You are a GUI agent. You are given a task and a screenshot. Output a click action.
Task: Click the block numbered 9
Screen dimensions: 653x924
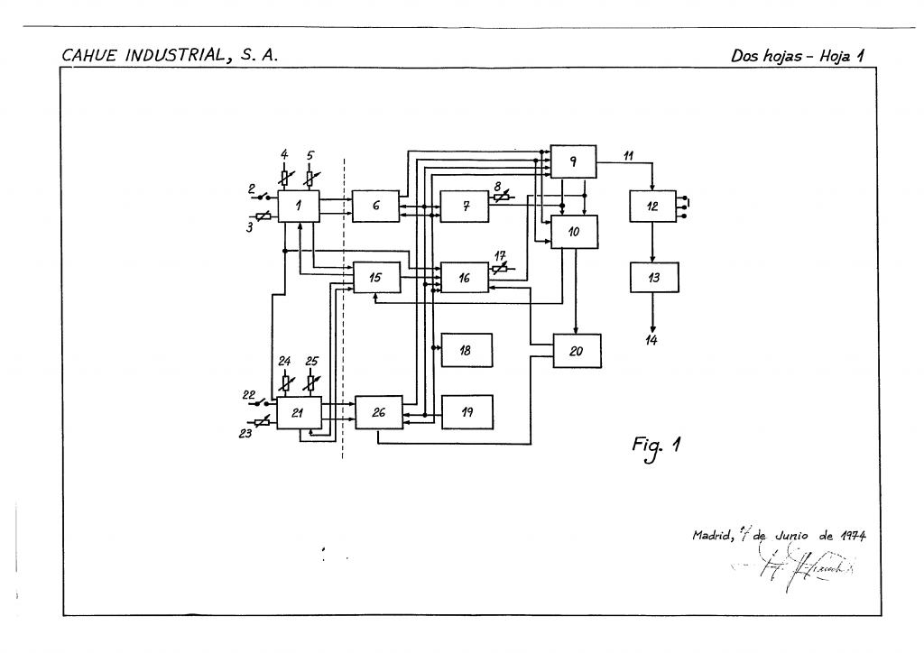click(x=573, y=161)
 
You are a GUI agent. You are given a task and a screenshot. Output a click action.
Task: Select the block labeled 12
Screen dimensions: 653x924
click(x=652, y=207)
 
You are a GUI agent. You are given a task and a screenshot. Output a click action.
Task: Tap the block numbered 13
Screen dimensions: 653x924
click(x=654, y=278)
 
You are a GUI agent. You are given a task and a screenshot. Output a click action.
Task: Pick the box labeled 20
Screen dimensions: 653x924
click(x=577, y=351)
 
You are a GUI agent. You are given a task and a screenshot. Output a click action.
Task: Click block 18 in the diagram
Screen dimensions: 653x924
click(x=467, y=350)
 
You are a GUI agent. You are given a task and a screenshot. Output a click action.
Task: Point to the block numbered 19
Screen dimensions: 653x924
click(x=467, y=411)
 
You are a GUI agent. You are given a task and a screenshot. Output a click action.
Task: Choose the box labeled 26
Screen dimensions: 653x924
click(x=378, y=412)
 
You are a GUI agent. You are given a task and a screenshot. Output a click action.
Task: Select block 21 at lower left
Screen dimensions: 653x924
click(x=299, y=412)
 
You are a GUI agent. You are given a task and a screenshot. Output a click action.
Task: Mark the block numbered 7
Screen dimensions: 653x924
click(x=465, y=207)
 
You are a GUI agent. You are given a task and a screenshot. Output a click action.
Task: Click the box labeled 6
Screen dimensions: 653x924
click(x=375, y=207)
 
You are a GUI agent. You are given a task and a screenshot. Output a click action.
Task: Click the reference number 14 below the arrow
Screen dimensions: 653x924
click(x=651, y=340)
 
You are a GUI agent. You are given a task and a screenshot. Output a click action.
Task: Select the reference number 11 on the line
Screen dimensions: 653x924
click(x=629, y=155)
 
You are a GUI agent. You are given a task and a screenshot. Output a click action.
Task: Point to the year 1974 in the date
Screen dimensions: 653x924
click(x=852, y=535)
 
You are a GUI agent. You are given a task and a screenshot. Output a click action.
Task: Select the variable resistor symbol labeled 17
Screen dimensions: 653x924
click(x=498, y=268)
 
